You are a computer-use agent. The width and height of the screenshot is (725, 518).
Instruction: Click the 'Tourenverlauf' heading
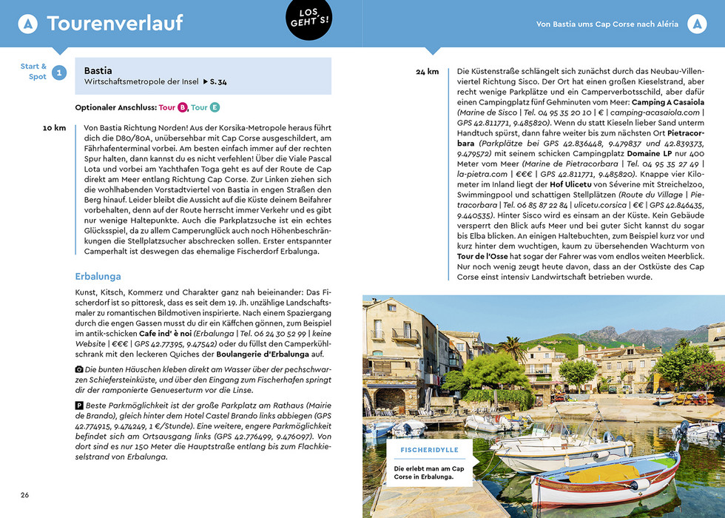115,24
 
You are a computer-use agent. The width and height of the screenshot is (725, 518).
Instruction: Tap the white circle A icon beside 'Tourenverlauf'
27,24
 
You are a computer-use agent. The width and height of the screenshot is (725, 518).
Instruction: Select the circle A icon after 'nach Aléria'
696,24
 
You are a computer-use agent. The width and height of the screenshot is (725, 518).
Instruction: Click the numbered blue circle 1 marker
59,72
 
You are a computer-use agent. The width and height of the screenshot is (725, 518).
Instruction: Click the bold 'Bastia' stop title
98,71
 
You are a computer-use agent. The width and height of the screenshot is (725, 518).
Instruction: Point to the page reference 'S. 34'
215,82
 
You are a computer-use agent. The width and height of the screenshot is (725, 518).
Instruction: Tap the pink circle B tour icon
183,107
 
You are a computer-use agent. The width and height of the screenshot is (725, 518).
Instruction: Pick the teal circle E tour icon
215,107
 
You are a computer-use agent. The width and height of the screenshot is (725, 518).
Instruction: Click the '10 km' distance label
54,128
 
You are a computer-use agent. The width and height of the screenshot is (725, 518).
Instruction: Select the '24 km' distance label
427,72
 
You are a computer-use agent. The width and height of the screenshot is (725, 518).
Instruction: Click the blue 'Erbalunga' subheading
98,277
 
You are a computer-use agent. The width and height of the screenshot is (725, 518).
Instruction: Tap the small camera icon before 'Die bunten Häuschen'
79,369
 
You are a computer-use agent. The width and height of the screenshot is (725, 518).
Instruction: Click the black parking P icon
79,406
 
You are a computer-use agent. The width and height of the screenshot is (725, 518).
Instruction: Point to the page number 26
25,494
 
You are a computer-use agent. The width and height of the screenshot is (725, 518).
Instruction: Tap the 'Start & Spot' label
33,72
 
